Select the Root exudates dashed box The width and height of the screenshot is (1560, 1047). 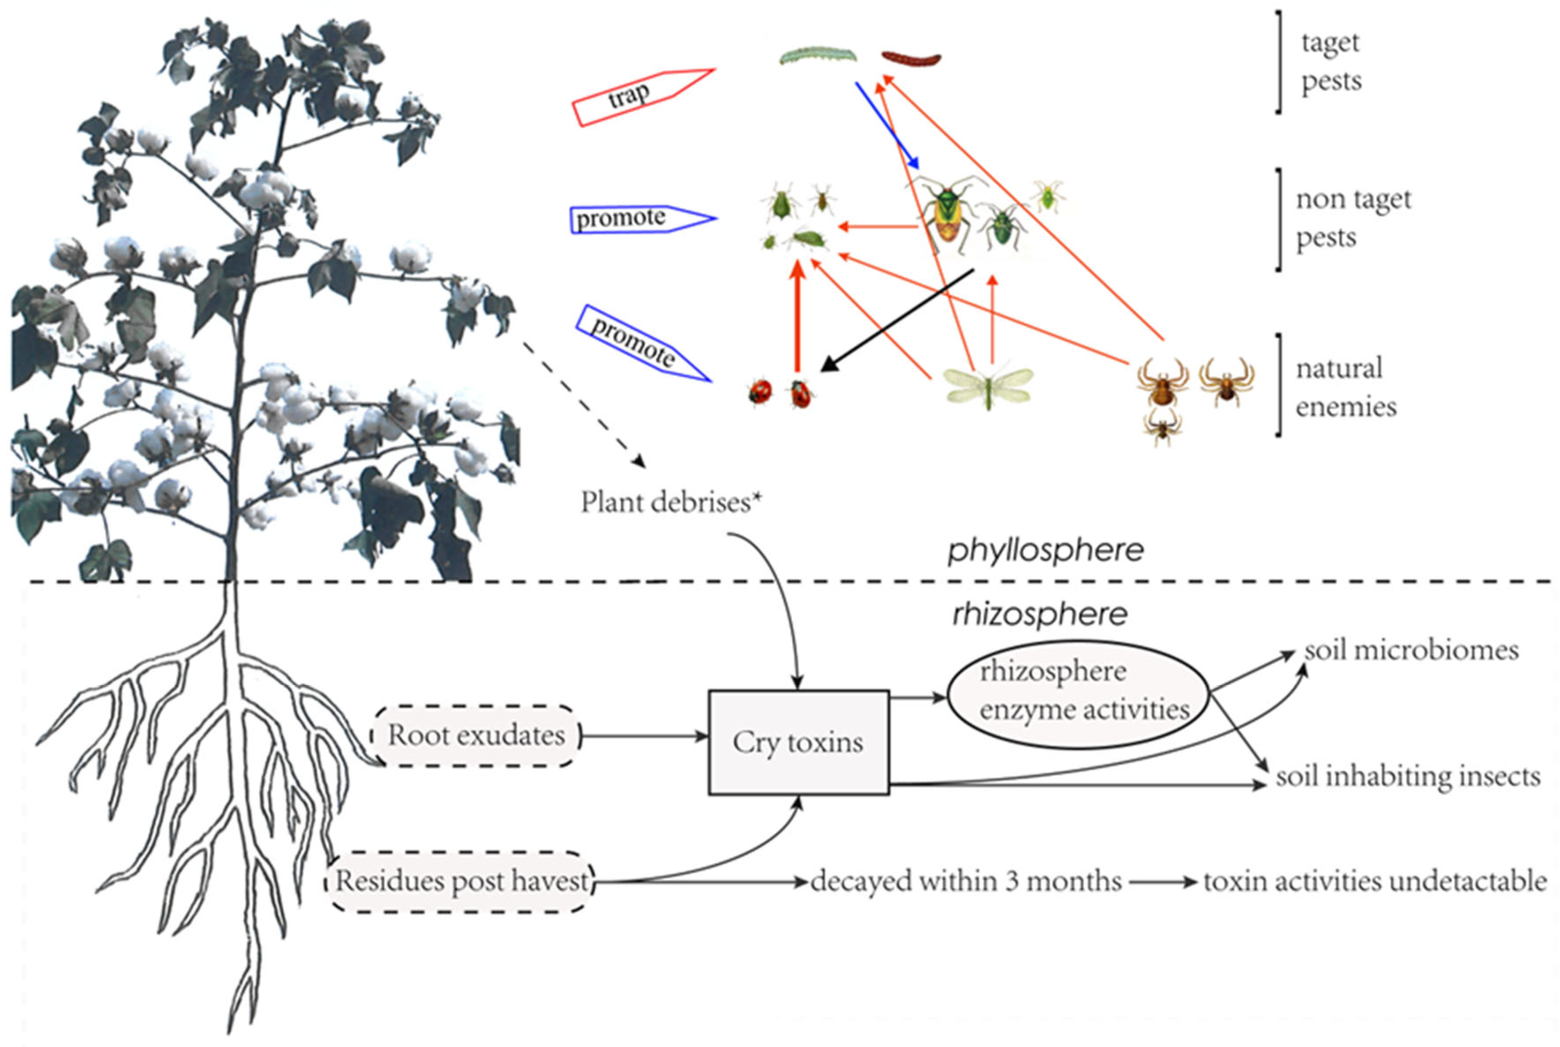point(476,735)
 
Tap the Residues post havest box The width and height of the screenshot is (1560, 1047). point(460,881)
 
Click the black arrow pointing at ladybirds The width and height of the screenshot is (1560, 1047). point(895,320)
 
